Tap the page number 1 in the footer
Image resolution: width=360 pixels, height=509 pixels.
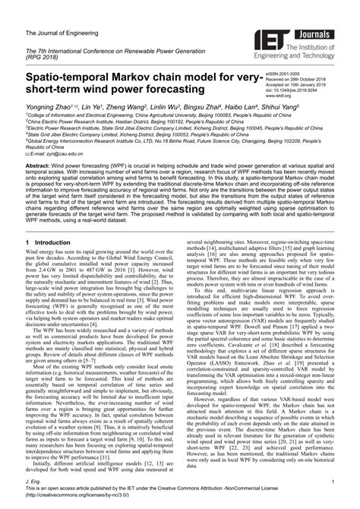coord(333,481)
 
